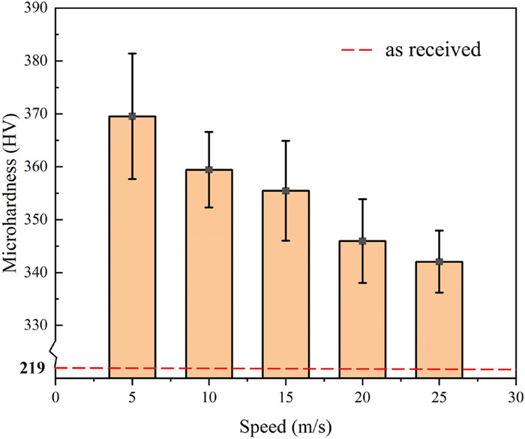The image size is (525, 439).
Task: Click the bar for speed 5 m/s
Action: (132, 247)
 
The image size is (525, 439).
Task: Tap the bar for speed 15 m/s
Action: (286, 285)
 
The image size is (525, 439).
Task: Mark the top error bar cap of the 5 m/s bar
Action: (132, 53)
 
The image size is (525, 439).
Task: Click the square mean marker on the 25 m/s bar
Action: (439, 261)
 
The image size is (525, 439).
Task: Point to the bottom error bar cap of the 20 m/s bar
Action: (362, 282)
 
